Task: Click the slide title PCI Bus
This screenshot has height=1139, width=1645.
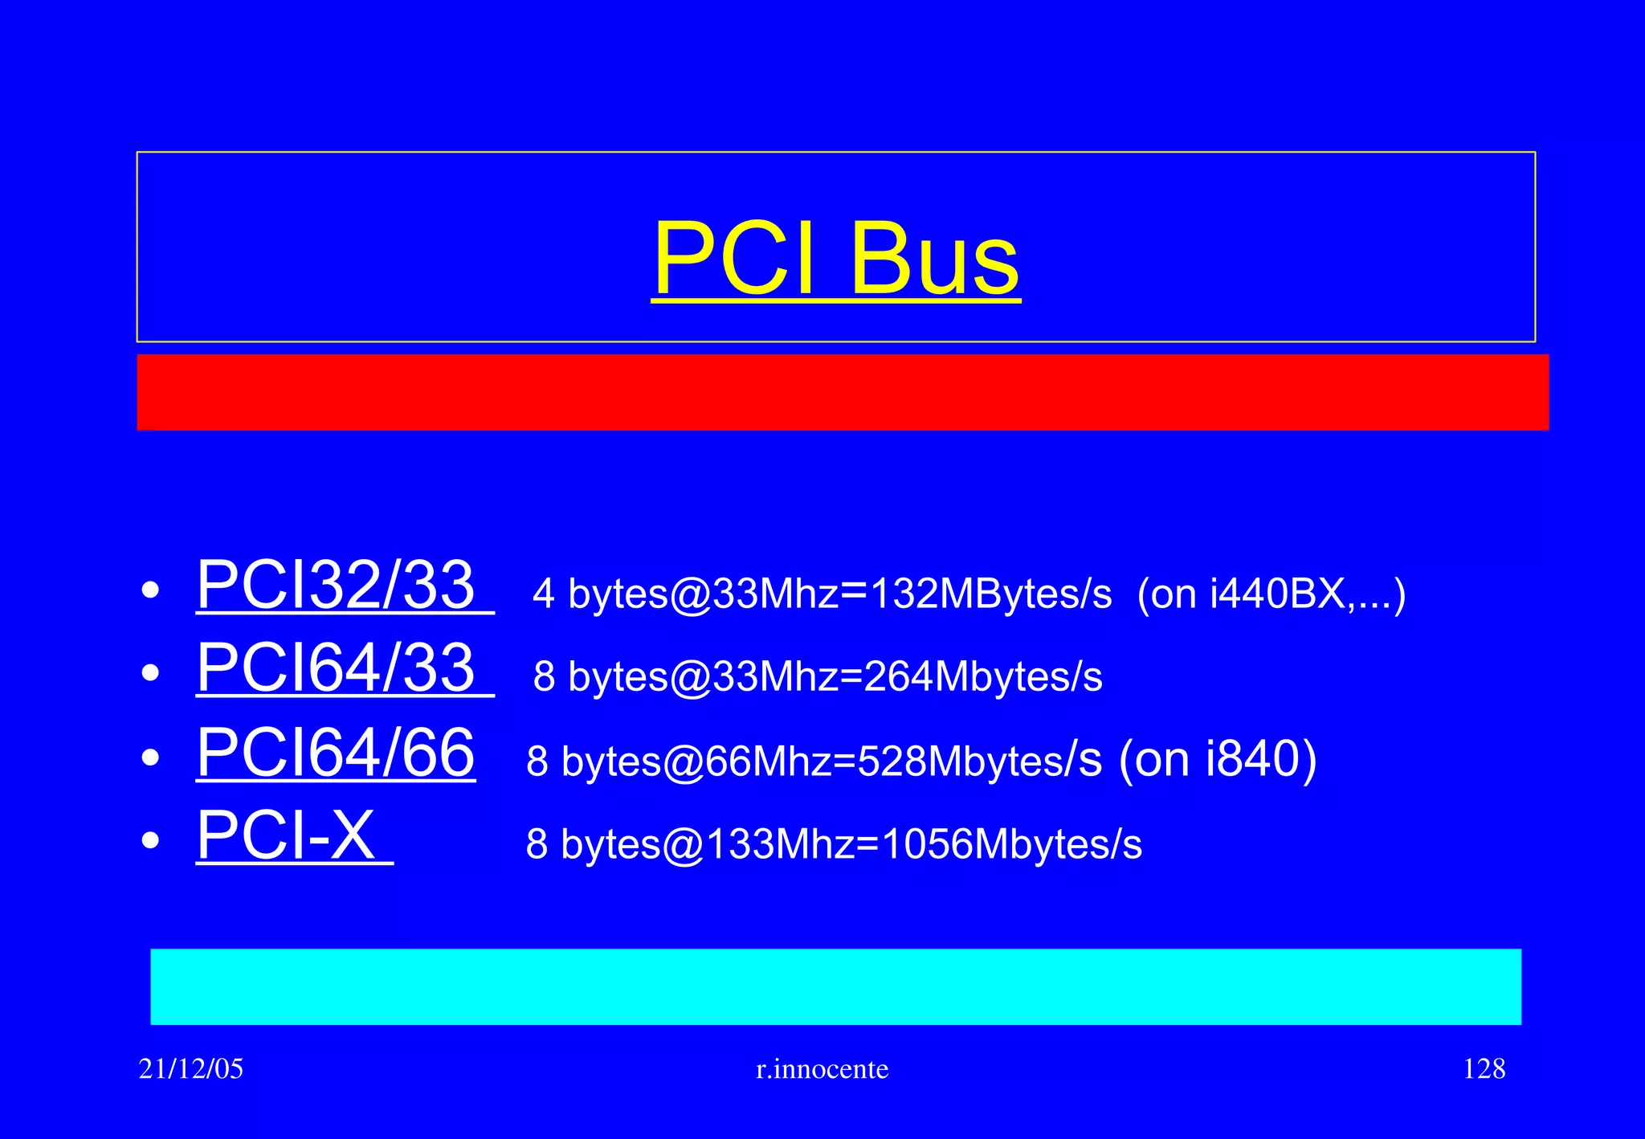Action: pos(835,259)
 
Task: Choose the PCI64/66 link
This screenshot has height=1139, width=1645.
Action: pos(337,753)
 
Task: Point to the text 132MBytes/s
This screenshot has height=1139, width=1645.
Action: pos(991,594)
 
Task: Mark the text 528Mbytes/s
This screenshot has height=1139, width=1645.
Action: pos(980,761)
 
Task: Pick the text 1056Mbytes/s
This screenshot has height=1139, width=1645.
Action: pos(1011,844)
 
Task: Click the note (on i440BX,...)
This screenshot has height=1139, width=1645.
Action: pos(1272,594)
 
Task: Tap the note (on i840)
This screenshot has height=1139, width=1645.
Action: pos(1218,758)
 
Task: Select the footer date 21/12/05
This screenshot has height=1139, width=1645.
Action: pos(191,1069)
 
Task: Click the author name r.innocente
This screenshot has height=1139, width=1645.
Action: pos(822,1069)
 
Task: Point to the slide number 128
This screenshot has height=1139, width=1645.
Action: pos(1484,1069)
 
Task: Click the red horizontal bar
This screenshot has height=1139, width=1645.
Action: pos(843,392)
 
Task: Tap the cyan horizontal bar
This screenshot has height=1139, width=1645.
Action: pos(835,986)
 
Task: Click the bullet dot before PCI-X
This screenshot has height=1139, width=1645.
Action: pos(150,841)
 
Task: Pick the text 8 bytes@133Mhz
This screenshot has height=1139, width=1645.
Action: pos(690,844)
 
